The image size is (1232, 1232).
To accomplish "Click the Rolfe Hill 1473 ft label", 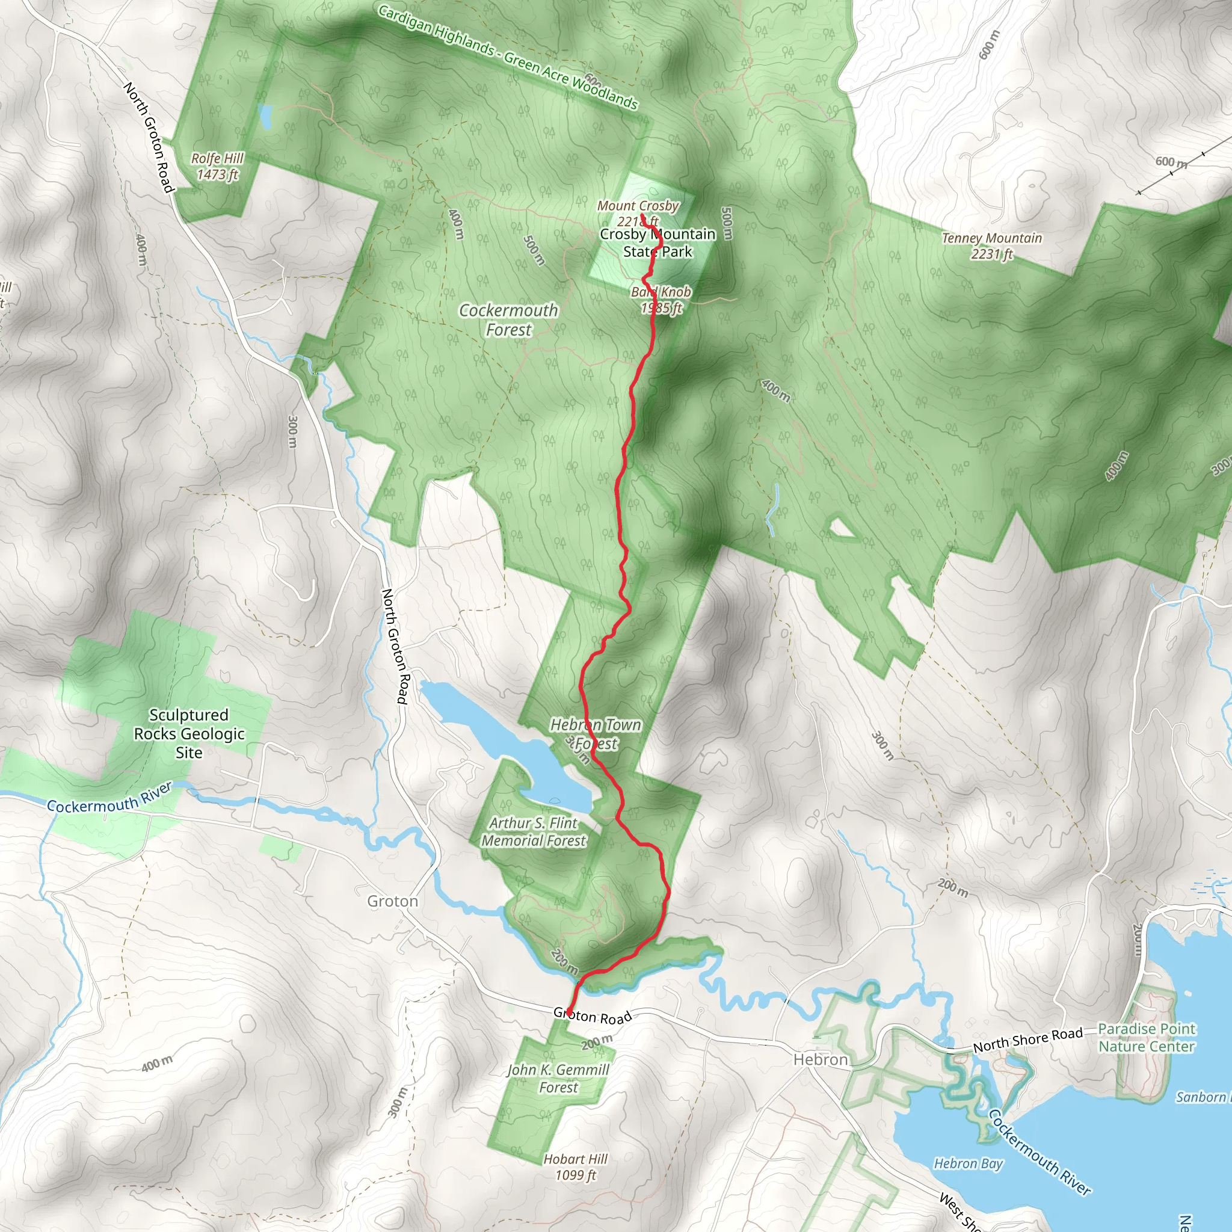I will coord(217,167).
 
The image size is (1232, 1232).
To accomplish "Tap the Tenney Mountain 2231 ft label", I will coord(991,246).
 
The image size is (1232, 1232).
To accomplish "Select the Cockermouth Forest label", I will coord(508,320).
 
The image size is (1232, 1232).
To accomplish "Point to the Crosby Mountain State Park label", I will coord(658,243).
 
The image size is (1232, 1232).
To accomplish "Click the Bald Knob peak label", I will coord(661,300).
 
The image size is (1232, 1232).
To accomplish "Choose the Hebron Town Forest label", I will coord(595,734).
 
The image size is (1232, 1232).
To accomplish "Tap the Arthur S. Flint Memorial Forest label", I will coord(534,831).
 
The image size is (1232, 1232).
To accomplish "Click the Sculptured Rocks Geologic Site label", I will coord(189,733).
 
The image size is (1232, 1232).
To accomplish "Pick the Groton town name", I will coord(392,901).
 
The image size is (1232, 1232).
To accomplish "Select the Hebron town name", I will coord(820,1059).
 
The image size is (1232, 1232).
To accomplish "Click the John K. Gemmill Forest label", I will coord(558,1079).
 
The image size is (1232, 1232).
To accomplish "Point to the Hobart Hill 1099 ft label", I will coord(575,1167).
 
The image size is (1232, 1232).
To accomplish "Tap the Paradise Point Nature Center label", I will coord(1146,1038).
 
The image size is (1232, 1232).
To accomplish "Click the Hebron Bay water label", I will coord(968,1164).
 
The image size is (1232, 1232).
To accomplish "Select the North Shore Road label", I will coord(1027,1040).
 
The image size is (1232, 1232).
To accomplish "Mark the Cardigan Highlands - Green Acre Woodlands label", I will coord(508,57).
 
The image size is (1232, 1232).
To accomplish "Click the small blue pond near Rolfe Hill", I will coord(265,117).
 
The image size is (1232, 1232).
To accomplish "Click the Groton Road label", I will coord(593,1016).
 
